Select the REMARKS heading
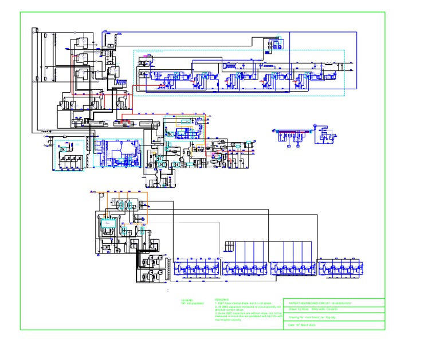click(221, 299)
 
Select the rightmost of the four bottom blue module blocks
click(340, 269)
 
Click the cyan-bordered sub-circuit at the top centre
click(239, 73)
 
